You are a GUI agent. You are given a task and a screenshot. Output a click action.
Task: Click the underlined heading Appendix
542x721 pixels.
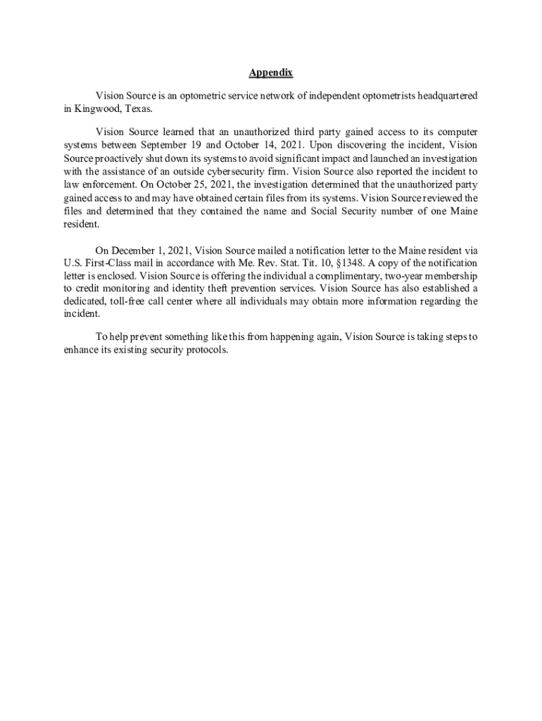[271, 73]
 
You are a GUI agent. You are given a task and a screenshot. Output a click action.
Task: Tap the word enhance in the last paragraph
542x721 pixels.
[81, 351]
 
